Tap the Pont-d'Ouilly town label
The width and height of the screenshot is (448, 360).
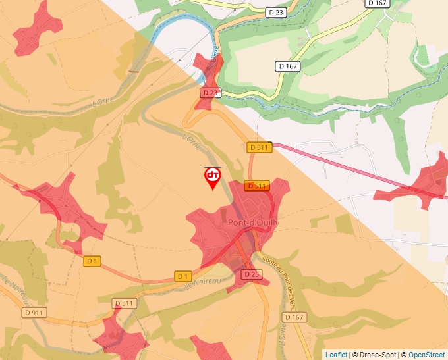point(253,222)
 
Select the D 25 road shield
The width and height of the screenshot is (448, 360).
point(251,274)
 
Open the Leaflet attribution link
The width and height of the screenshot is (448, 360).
point(336,355)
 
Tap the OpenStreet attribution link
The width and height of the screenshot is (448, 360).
point(428,355)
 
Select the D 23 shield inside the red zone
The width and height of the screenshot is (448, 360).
point(210,93)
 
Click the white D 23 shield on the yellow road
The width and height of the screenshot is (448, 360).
point(275,12)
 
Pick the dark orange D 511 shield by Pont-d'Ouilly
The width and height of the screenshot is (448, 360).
point(256,186)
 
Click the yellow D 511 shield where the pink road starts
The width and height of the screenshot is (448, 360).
point(260,147)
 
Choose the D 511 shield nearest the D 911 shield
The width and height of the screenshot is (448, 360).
point(123,303)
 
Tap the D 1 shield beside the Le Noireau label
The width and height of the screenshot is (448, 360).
point(183,276)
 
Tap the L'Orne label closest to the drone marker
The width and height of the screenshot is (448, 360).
point(192,141)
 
